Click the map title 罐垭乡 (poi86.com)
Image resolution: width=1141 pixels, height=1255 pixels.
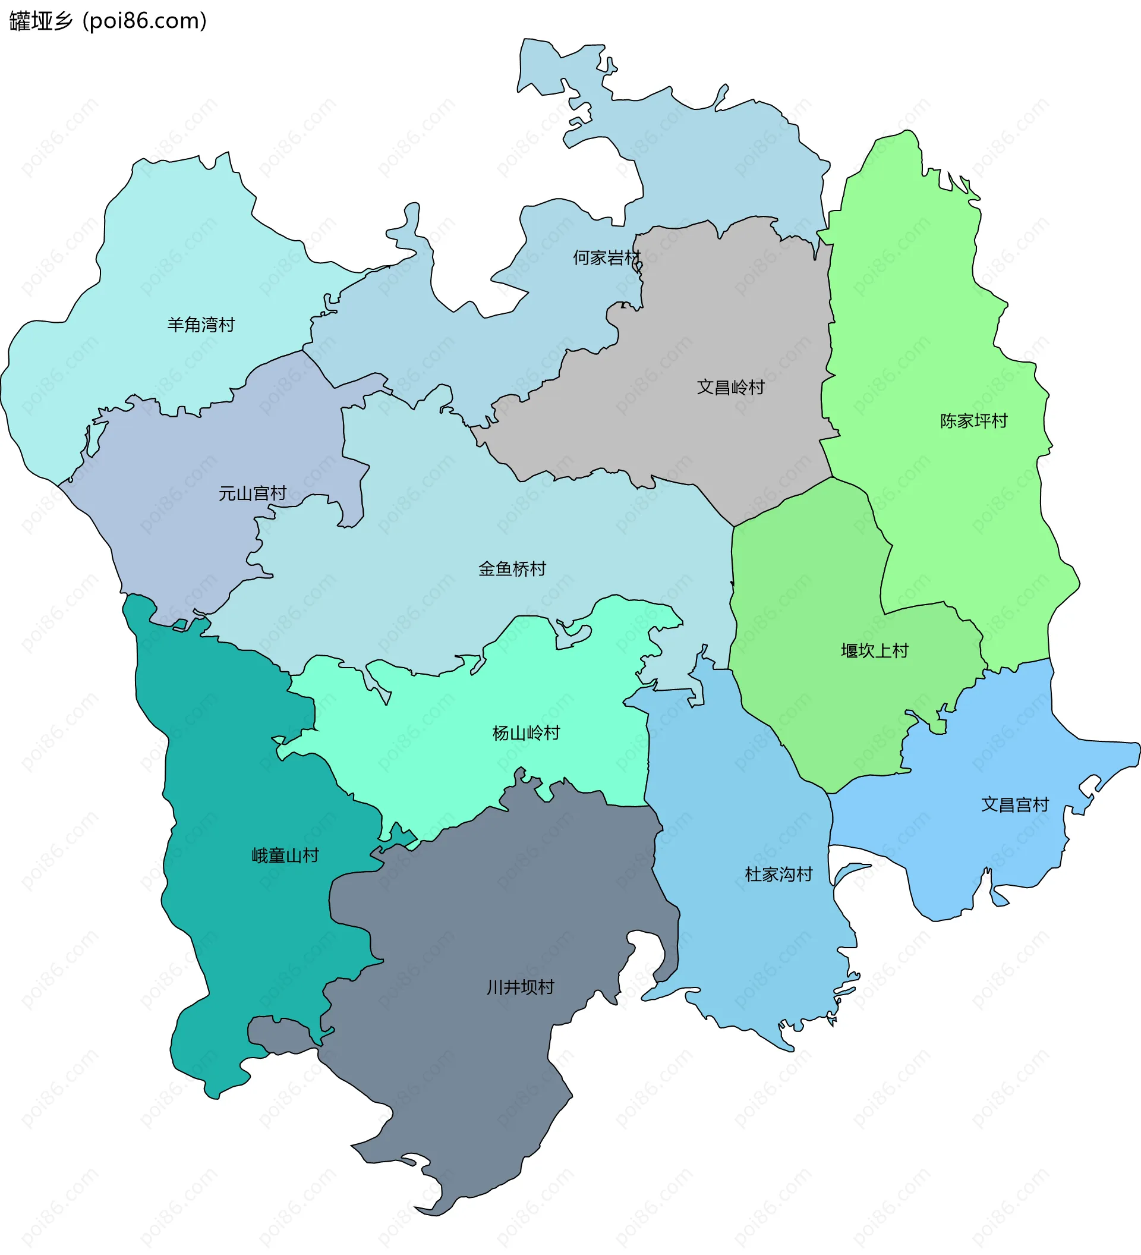[108, 21]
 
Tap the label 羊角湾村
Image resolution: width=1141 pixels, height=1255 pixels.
[200, 325]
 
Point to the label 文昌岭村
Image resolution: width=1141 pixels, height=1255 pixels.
[730, 388]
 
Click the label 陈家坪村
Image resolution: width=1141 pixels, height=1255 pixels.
[973, 422]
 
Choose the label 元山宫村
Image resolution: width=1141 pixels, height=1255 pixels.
[252, 493]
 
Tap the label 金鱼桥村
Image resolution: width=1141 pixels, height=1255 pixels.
[512, 569]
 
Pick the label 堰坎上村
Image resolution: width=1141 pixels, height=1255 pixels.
[875, 651]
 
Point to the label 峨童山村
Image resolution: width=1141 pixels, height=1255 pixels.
[285, 856]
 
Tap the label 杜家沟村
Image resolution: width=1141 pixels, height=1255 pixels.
[778, 875]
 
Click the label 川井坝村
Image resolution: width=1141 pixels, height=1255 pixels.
[520, 987]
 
